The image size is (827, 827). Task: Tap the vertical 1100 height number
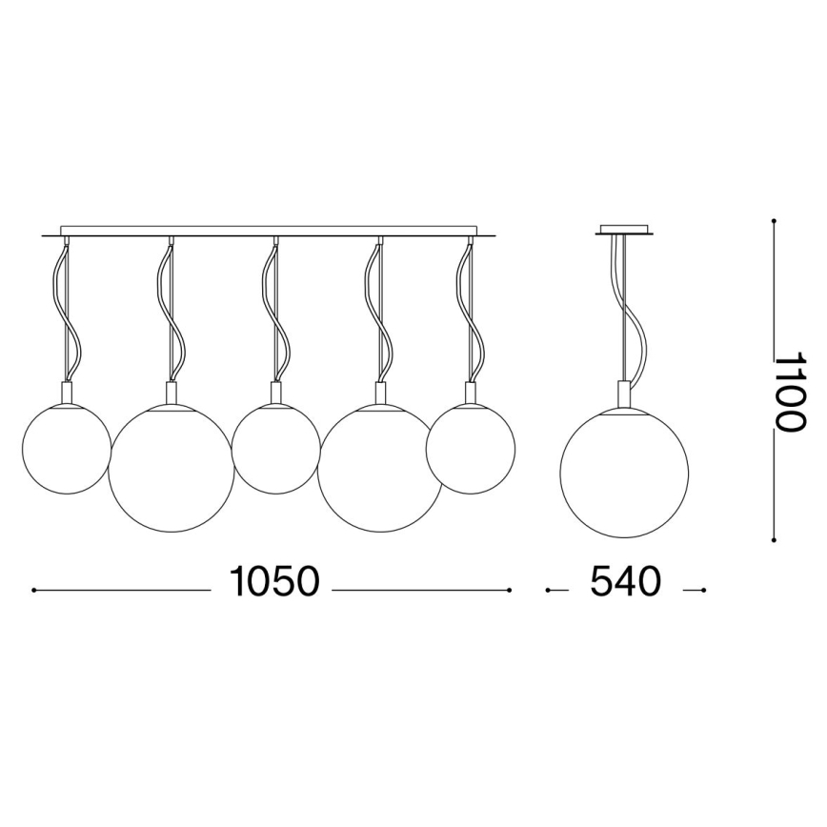[x=790, y=392]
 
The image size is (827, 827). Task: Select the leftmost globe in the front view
[x=67, y=450]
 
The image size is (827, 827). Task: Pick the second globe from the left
[x=171, y=469]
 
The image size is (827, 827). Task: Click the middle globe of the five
[x=276, y=450]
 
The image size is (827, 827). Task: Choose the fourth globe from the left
[x=380, y=469]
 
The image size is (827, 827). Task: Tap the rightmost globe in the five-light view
[x=471, y=450]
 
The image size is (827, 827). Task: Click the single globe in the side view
[x=624, y=474]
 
